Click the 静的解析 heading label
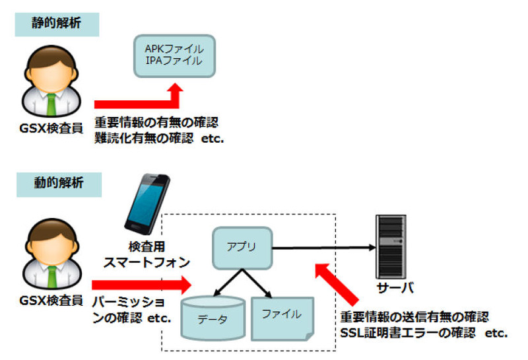pos(57,23)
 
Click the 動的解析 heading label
pos(59,183)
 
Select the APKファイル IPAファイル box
pos(174,55)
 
